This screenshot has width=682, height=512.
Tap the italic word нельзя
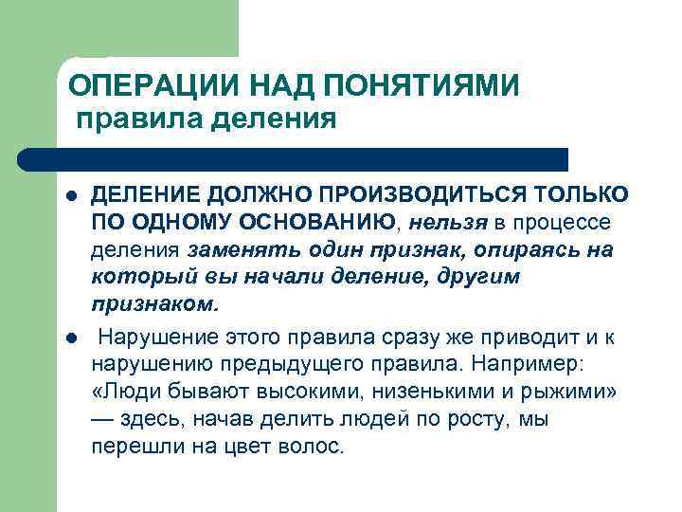[x=449, y=223]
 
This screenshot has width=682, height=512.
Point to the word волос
[x=315, y=447]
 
